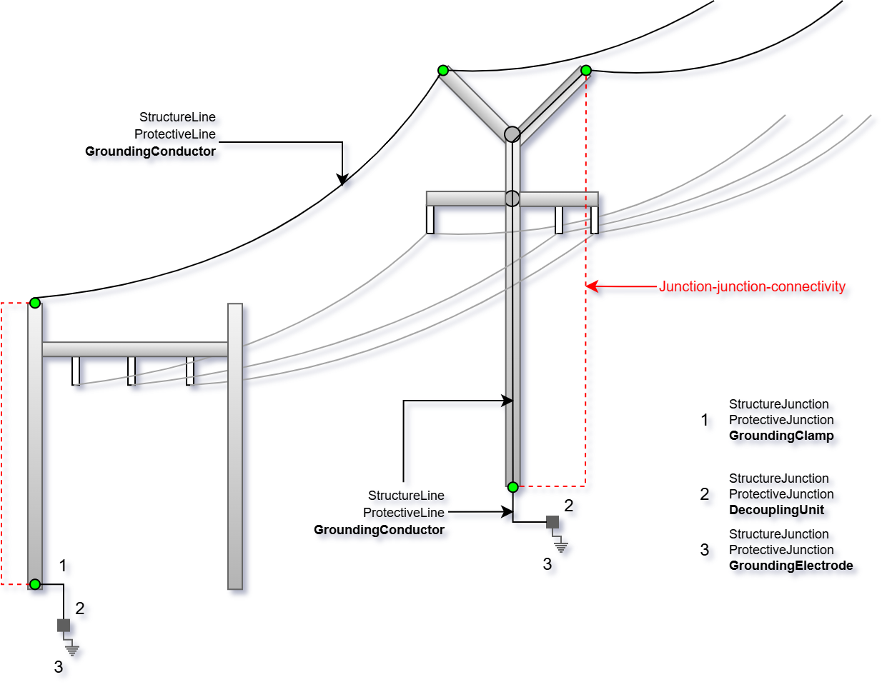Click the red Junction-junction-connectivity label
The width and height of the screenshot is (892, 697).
[x=752, y=286]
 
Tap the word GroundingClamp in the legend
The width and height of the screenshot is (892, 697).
[x=781, y=436]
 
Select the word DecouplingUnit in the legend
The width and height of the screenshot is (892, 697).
[x=776, y=510]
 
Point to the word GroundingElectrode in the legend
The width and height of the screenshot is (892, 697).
[x=791, y=566]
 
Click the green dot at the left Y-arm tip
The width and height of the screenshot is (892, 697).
[x=443, y=70]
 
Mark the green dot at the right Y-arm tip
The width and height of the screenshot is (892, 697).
[x=586, y=70]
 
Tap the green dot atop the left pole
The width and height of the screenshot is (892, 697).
[x=35, y=303]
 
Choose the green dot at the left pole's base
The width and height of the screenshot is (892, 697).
[x=35, y=584]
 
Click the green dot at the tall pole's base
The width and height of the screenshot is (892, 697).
[x=512, y=487]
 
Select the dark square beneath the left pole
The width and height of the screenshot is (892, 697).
[x=64, y=626]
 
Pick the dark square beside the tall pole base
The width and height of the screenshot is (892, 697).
[x=552, y=522]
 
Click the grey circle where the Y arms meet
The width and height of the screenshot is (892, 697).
[x=512, y=134]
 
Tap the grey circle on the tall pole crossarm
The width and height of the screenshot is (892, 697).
[x=512, y=198]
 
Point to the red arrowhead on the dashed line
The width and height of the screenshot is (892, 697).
[x=591, y=286]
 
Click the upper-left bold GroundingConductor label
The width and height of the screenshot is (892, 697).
[x=150, y=151]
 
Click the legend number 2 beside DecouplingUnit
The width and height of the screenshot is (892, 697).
[x=705, y=494]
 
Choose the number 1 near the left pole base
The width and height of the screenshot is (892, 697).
[x=63, y=566]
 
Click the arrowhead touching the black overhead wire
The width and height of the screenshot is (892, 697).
[x=342, y=179]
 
